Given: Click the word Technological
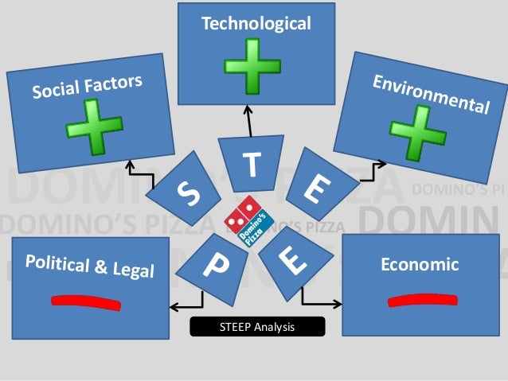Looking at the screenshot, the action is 256,24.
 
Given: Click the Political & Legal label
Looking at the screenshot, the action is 90,266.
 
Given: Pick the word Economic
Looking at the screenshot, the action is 420,265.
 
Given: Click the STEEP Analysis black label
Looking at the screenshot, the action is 257,325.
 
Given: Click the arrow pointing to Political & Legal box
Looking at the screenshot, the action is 186,305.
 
